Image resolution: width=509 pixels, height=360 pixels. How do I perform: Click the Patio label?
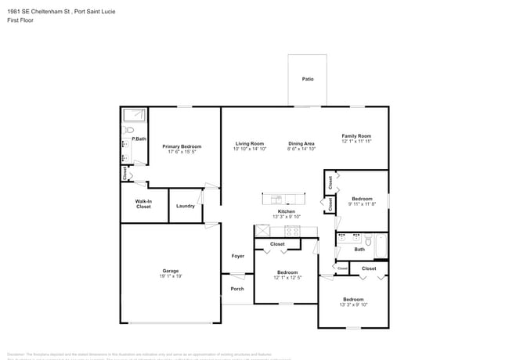click(x=308, y=79)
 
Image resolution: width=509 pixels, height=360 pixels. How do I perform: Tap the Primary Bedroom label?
click(x=182, y=146)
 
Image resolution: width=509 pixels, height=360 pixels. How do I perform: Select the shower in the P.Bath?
click(x=134, y=117)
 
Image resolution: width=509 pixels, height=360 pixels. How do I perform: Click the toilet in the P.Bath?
click(x=127, y=131)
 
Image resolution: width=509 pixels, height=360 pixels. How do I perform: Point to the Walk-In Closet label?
click(x=143, y=203)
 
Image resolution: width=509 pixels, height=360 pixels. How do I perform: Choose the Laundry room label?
click(x=186, y=206)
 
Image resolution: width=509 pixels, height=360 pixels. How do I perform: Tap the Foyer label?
click(x=237, y=256)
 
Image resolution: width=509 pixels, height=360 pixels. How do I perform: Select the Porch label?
click(x=237, y=289)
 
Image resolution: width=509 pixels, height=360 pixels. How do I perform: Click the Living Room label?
click(x=250, y=144)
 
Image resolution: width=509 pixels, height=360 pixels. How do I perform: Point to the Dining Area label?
click(x=301, y=144)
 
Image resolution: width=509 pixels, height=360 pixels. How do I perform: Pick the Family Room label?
click(x=356, y=136)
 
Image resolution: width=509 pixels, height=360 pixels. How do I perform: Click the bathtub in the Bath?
click(x=380, y=247)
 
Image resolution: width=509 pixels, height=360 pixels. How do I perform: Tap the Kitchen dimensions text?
click(x=287, y=217)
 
